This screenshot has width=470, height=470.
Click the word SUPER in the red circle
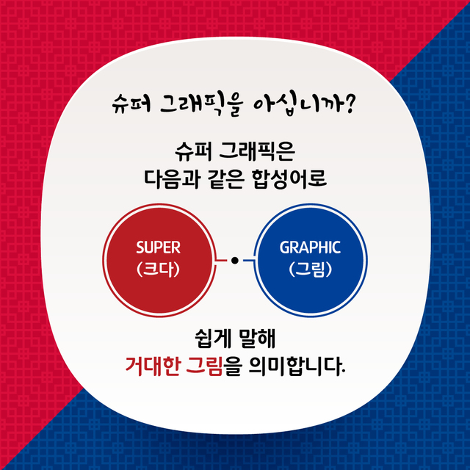click(158, 247)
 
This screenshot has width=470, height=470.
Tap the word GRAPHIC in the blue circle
click(310, 247)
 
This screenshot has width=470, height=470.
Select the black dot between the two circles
click(234, 261)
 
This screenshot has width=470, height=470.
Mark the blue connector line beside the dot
click(248, 261)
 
